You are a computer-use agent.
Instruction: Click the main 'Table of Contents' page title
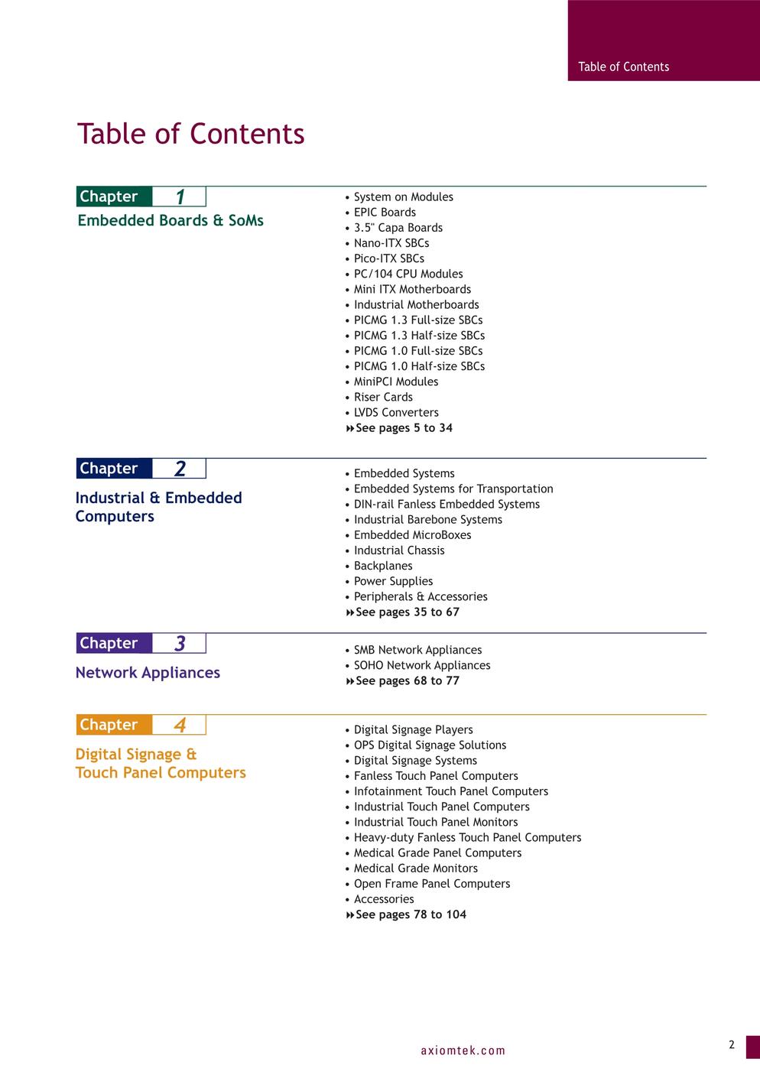(x=190, y=134)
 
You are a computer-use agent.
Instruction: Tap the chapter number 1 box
(x=180, y=197)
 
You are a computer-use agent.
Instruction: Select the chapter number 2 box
(x=180, y=469)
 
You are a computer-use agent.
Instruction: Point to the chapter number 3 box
(x=180, y=644)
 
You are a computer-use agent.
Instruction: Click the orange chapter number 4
(x=180, y=725)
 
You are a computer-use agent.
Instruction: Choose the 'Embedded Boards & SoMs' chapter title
(x=171, y=221)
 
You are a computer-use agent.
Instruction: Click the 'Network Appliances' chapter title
(x=148, y=673)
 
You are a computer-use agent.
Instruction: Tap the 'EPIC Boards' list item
(x=385, y=213)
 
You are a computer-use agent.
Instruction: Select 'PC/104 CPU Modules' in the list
(x=408, y=274)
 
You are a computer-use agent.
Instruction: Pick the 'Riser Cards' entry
(x=383, y=397)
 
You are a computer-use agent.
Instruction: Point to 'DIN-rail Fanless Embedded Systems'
(x=447, y=505)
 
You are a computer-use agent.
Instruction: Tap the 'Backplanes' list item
(x=383, y=566)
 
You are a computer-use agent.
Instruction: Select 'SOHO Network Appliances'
(x=422, y=665)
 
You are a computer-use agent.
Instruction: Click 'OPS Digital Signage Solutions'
(x=430, y=745)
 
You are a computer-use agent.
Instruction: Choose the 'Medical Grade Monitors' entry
(x=415, y=869)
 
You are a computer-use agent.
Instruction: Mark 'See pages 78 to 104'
(x=410, y=915)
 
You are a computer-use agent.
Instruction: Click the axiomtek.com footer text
(x=463, y=1050)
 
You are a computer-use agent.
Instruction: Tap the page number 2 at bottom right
(x=731, y=1045)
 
